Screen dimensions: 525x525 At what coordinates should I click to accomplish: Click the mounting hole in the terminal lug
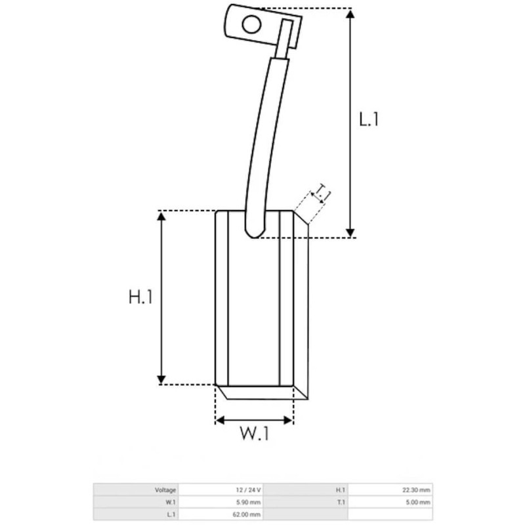point(251,25)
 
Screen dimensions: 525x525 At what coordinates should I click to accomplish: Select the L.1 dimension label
point(369,120)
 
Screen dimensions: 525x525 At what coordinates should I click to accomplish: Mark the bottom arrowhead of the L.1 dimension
point(351,231)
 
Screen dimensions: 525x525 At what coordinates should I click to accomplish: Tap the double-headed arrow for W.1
point(255,420)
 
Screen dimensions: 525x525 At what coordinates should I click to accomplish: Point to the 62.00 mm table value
point(247,514)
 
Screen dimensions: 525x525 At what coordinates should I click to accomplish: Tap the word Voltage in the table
point(166,490)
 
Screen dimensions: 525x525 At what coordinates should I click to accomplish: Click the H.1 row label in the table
point(341,490)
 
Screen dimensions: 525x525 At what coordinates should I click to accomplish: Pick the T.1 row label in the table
point(341,502)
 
